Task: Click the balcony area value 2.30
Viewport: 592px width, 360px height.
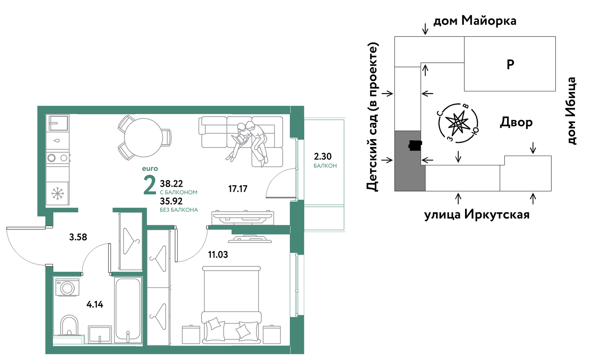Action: pyautogui.click(x=322, y=156)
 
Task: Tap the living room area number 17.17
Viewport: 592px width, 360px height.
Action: pyautogui.click(x=238, y=189)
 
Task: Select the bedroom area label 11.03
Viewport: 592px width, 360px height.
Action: pyautogui.click(x=218, y=255)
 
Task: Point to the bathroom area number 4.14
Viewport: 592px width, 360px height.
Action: pyautogui.click(x=95, y=304)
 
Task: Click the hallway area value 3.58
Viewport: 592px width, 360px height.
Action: pyautogui.click(x=78, y=237)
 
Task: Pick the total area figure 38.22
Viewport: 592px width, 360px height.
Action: pyautogui.click(x=171, y=184)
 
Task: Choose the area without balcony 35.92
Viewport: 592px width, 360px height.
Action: pyautogui.click(x=171, y=201)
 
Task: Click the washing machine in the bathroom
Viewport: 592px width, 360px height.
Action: pyautogui.click(x=67, y=287)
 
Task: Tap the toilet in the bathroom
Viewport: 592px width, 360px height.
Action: pyautogui.click(x=69, y=325)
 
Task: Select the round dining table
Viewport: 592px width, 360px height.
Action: pyautogui.click(x=143, y=138)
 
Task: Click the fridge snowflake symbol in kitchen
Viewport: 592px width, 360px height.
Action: pyautogui.click(x=57, y=194)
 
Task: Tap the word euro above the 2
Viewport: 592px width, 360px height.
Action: pyautogui.click(x=150, y=169)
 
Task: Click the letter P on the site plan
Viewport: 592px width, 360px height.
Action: pyautogui.click(x=510, y=64)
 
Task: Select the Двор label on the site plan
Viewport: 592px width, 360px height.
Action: pyautogui.click(x=516, y=122)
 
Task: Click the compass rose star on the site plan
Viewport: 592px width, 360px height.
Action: pyautogui.click(x=458, y=123)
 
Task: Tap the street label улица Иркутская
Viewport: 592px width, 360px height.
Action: pyautogui.click(x=477, y=214)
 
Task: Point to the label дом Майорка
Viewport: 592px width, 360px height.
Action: pyautogui.click(x=475, y=21)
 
